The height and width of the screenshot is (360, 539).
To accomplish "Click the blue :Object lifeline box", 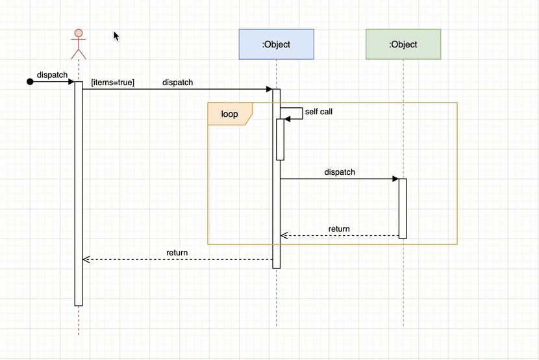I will click(x=276, y=44).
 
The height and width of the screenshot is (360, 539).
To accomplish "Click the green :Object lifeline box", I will click(x=403, y=44).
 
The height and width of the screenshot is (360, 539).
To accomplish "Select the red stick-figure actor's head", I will click(x=79, y=34).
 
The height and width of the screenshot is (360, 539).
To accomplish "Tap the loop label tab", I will click(x=229, y=114).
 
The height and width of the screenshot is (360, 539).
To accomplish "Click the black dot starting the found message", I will click(x=29, y=82).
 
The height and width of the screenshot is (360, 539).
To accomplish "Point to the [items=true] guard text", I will click(x=112, y=83).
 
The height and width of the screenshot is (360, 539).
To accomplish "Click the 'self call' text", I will click(x=318, y=112).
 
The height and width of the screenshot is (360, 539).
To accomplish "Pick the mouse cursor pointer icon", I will click(x=116, y=36).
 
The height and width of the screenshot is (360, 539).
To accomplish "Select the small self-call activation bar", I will click(x=281, y=139).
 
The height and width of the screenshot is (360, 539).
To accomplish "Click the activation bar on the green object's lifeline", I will click(x=403, y=208).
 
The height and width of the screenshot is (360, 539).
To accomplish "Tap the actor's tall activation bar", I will click(x=79, y=195).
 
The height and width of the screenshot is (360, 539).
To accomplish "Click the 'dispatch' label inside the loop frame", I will click(x=340, y=172).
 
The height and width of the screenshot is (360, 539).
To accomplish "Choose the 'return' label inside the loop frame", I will click(x=339, y=229).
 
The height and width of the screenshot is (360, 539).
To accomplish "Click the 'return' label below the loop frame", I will click(x=177, y=253).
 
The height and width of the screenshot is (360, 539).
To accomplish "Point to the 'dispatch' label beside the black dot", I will click(x=52, y=75).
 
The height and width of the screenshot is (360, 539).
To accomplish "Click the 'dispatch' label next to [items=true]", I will click(x=177, y=83).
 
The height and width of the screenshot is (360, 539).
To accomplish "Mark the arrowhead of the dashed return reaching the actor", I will click(x=86, y=260).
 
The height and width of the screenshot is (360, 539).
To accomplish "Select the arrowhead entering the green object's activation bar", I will click(x=395, y=179).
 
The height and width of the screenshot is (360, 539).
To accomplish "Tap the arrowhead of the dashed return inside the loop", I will click(x=283, y=236).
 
